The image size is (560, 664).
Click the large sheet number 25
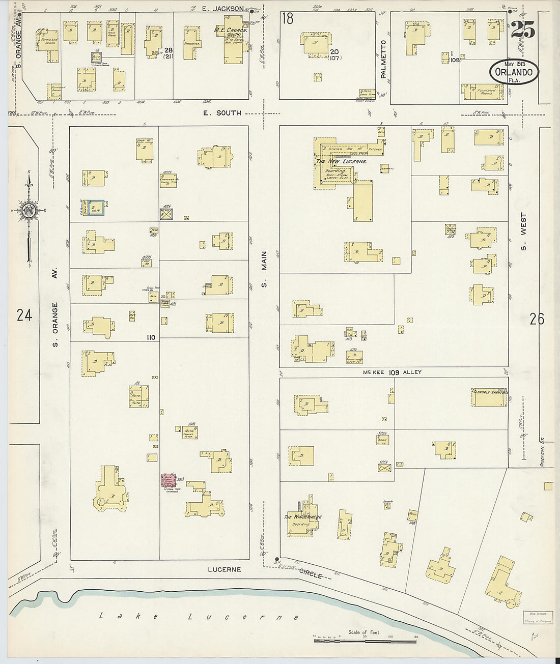click(522, 31)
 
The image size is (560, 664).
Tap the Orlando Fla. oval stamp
click(515, 72)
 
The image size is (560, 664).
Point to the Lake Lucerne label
click(199, 617)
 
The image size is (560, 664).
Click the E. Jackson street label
click(223, 8)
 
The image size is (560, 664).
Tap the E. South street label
click(222, 113)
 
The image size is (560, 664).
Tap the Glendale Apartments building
click(490, 397)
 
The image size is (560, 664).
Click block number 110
click(151, 337)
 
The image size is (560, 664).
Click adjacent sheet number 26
click(537, 319)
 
